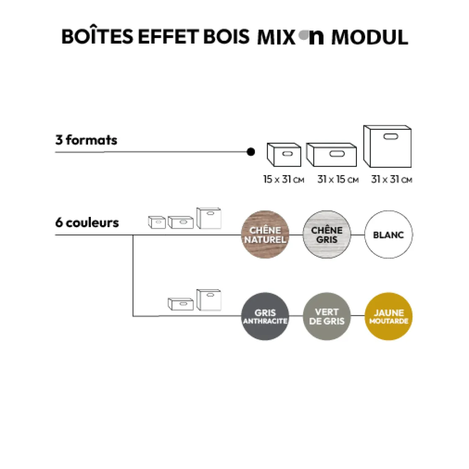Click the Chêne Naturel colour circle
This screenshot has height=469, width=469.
(265, 234)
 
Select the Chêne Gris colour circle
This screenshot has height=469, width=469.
(327, 234)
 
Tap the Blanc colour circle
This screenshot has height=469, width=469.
(388, 234)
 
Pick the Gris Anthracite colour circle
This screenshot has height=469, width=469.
(265, 316)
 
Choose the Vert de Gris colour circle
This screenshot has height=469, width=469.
(327, 316)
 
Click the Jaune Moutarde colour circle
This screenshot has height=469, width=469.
(388, 316)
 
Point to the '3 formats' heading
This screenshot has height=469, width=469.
(86, 140)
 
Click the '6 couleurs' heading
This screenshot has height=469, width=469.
(87, 222)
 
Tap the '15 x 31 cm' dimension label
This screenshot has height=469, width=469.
(283, 180)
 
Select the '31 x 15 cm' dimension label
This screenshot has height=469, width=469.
(338, 180)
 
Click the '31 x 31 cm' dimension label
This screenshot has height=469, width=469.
(392, 180)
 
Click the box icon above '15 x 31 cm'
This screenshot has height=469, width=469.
(284, 155)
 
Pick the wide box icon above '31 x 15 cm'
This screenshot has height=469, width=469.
(331, 155)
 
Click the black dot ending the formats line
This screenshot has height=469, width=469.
(250, 152)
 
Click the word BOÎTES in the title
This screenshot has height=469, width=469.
(97, 37)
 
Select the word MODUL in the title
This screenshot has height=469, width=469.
(369, 37)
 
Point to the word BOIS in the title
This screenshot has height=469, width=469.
(226, 37)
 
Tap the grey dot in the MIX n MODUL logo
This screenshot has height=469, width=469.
(303, 36)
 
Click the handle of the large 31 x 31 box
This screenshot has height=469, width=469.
(392, 137)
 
